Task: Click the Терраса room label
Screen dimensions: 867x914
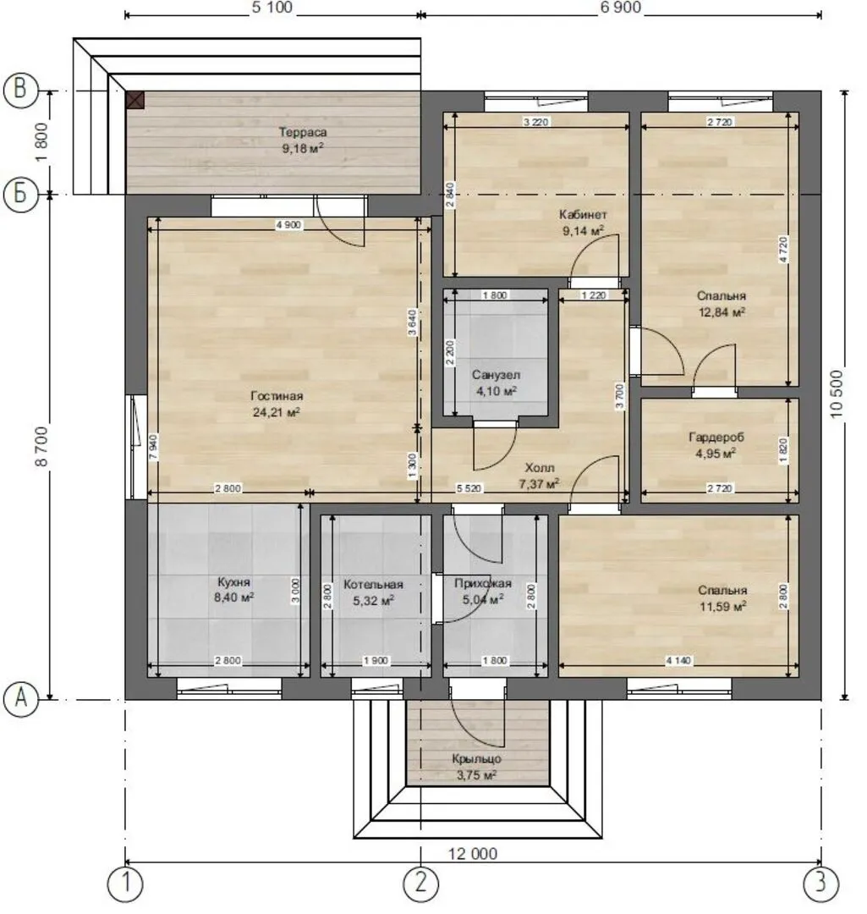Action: click(x=303, y=132)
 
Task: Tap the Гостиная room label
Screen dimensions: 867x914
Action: click(x=277, y=396)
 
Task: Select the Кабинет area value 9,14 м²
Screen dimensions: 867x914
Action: click(x=583, y=231)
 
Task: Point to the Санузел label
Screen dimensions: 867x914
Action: click(x=496, y=375)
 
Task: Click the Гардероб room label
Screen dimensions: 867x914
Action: click(x=716, y=438)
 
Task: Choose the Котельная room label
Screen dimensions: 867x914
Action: click(x=373, y=585)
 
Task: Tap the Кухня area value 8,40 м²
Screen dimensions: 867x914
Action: click(x=233, y=597)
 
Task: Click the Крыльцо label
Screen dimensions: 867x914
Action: click(x=476, y=759)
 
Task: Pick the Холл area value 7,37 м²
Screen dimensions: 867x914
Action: click(x=539, y=484)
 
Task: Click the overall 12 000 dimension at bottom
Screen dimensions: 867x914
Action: click(x=473, y=855)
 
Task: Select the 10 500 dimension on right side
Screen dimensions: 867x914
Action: click(x=836, y=394)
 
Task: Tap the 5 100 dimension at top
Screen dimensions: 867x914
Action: click(x=272, y=8)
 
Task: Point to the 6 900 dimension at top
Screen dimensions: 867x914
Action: click(x=621, y=8)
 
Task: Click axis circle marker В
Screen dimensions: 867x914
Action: click(x=21, y=91)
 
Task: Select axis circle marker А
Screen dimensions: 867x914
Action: click(x=21, y=697)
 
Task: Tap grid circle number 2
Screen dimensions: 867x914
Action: click(x=420, y=884)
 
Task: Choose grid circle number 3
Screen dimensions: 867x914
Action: click(x=821, y=884)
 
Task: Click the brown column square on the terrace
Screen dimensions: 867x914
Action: click(x=134, y=100)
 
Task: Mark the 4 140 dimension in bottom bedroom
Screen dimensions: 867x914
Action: click(x=678, y=661)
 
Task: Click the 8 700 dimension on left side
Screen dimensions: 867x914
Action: click(x=41, y=447)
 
